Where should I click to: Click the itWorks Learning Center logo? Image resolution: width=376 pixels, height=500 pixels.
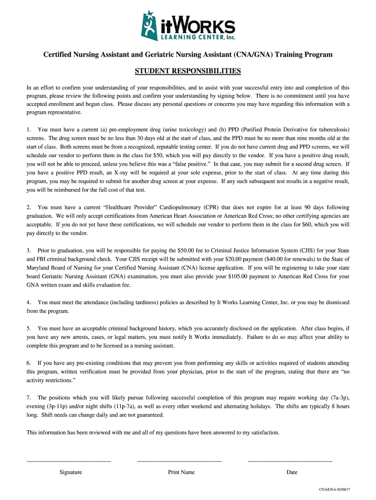[188, 25]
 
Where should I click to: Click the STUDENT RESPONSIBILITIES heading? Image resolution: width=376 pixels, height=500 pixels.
[188, 71]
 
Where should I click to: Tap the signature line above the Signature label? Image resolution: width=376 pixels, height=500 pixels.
[68, 460]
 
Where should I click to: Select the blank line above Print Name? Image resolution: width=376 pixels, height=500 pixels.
[179, 460]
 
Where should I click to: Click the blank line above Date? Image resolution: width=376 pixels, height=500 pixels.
[290, 460]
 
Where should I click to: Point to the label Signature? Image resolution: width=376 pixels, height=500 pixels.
[71, 472]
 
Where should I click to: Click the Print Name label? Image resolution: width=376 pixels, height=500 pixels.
[181, 472]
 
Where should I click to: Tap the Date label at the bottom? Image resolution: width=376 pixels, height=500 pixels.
[292, 472]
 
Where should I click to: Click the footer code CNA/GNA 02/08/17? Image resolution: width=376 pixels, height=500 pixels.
[334, 489]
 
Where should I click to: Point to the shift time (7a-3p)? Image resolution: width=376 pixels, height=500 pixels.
[339, 397]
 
